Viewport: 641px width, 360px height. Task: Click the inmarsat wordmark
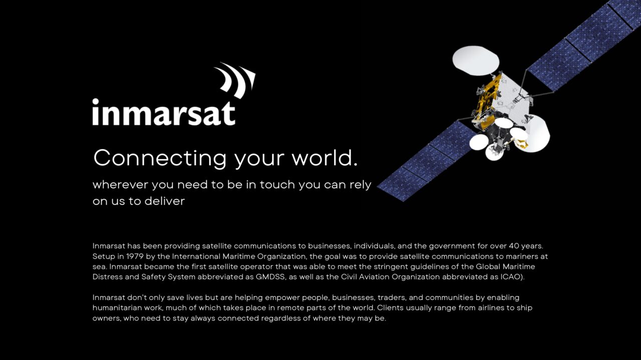(164, 112)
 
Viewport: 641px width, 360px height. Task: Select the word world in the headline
(325, 158)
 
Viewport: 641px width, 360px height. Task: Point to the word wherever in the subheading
(120, 185)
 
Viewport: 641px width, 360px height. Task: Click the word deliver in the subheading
(165, 201)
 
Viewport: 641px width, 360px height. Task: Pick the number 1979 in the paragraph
(135, 256)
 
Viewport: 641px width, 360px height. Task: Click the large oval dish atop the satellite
(476, 61)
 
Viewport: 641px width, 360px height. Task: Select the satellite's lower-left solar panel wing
(426, 161)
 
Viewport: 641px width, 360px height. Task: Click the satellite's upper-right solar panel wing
(584, 46)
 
